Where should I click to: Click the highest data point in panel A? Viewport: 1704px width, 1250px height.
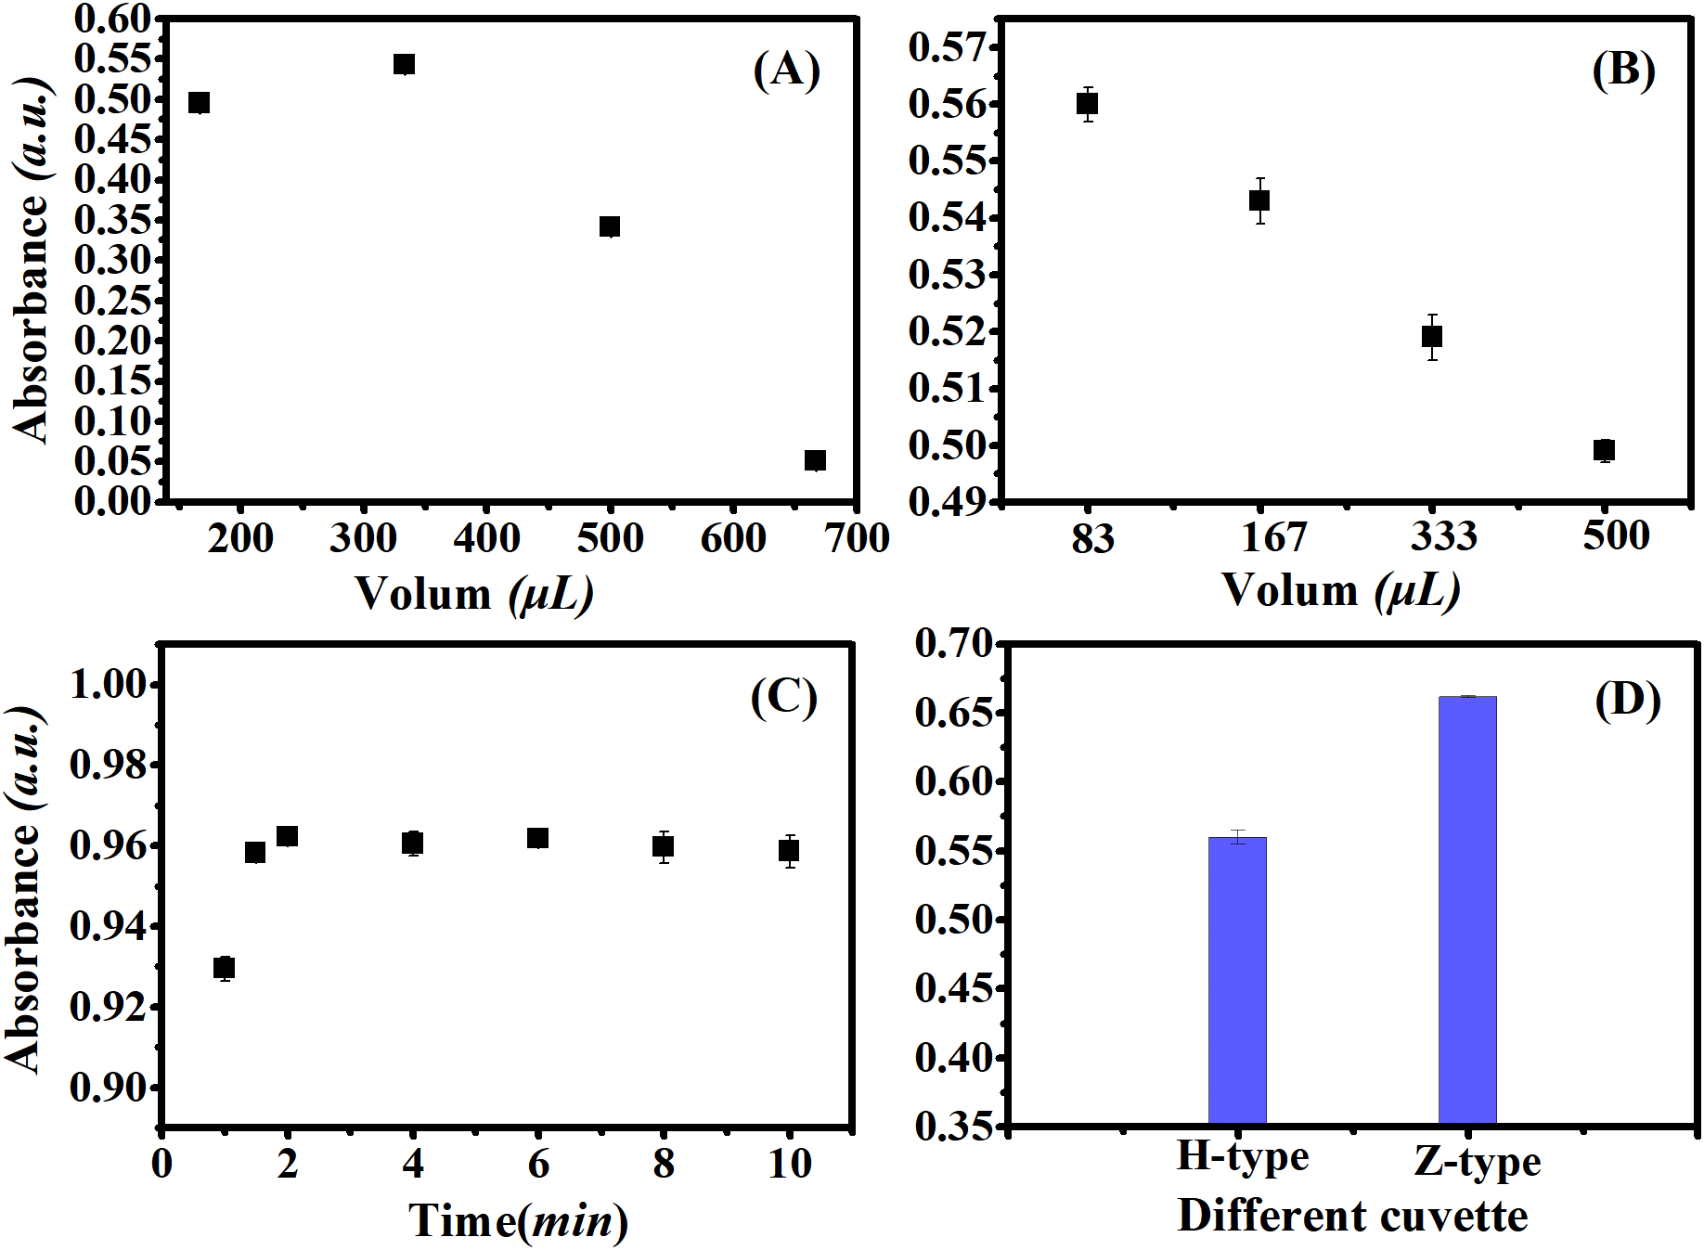[404, 64]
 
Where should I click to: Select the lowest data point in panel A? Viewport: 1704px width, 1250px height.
[815, 460]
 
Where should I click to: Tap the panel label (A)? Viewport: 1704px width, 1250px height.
[786, 70]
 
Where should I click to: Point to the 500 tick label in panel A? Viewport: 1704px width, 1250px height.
[610, 538]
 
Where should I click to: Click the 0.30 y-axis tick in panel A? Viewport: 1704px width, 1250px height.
[111, 261]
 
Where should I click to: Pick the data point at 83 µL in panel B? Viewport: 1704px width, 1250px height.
[1087, 104]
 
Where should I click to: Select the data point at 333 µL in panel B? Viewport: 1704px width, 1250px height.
[1432, 336]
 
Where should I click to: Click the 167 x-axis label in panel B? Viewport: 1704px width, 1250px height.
[1273, 537]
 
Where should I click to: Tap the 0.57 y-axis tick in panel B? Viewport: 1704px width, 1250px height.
[946, 47]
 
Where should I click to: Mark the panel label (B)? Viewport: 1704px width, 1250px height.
[1623, 70]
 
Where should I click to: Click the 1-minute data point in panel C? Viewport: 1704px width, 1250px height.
[224, 968]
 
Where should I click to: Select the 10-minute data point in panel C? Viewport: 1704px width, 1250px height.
[789, 850]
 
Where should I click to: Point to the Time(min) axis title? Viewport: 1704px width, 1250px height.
[518, 1220]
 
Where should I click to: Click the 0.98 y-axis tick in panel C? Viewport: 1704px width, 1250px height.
[109, 766]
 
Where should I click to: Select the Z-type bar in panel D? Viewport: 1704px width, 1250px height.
[1467, 909]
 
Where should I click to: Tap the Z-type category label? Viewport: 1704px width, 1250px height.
[1477, 1161]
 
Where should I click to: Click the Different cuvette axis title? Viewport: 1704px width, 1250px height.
[1352, 1216]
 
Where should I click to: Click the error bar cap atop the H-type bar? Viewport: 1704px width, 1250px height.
[1237, 831]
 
